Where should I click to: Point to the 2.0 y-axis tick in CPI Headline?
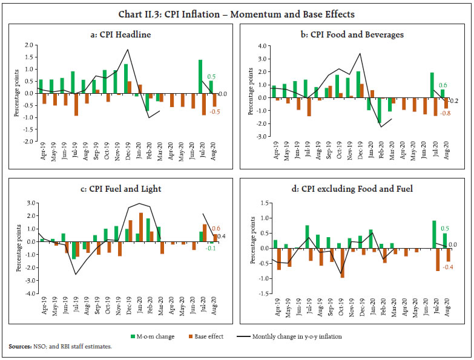pyautogui.click(x=27, y=45)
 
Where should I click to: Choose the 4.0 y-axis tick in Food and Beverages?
pyautogui.click(x=262, y=45)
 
